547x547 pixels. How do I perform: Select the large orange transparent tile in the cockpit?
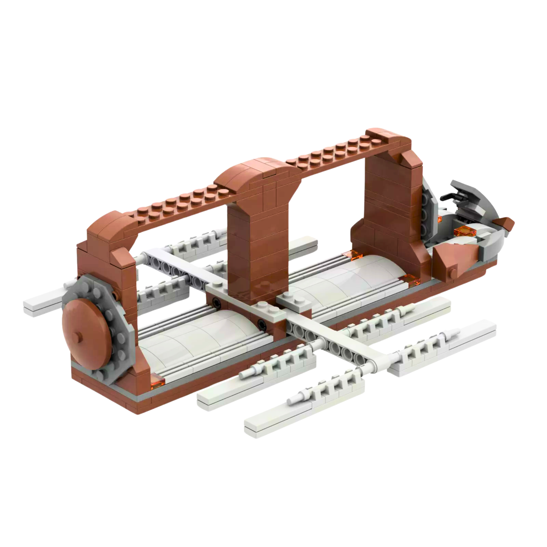pyautogui.click(x=465, y=232)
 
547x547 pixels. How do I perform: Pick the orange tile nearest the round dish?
pyautogui.click(x=157, y=379)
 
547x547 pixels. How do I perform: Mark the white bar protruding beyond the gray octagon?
pyautogui.click(x=43, y=302)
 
